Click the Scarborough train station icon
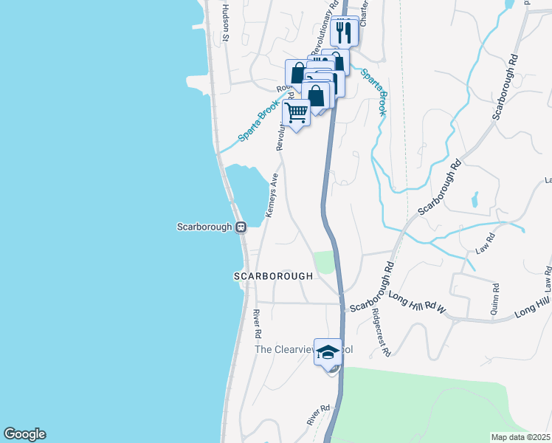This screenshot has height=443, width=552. coord(241,227)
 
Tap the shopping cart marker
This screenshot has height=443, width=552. coord(296,113)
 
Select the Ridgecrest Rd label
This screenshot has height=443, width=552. coord(381,332)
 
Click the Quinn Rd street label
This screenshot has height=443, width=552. coord(495,301)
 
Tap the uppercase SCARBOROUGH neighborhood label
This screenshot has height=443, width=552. coord(273,276)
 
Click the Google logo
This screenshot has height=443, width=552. coord(24,434)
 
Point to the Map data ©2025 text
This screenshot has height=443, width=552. coord(520,437)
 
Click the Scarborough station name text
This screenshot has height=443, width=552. coord(204,227)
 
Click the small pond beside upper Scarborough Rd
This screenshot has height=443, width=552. coord(474,199)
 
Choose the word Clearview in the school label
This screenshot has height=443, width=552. coord(294,349)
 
